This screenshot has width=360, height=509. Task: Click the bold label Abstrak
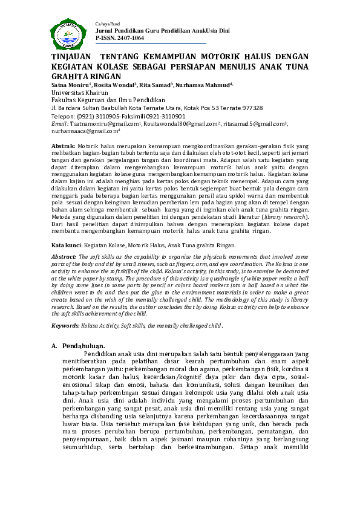(63, 147)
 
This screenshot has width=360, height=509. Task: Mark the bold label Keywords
(65, 326)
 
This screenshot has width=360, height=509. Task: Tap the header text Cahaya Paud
(107, 23)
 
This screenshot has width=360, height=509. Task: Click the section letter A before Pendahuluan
(54, 346)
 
